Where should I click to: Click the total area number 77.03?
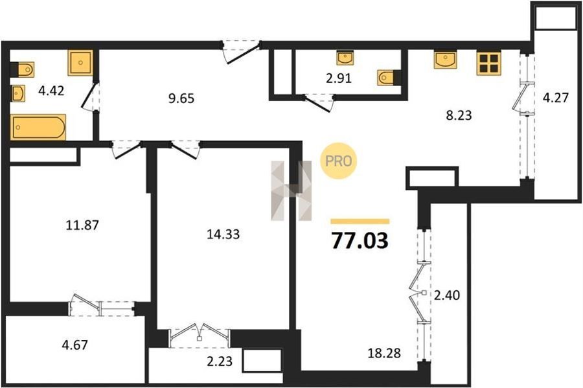[360, 240]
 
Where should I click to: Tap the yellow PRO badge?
[338, 161]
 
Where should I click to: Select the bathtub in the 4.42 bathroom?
[38, 128]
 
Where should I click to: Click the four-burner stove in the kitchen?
[489, 63]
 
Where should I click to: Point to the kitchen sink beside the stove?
[446, 60]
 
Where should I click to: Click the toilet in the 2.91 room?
[389, 78]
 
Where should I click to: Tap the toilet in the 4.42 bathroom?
[22, 69]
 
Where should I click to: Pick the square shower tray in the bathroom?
[80, 63]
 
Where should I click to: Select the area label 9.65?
[181, 98]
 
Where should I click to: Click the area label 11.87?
[82, 225]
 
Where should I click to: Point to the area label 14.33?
[223, 234]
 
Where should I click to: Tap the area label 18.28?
[384, 352]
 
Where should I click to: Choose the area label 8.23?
[459, 115]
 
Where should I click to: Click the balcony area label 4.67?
[74, 345]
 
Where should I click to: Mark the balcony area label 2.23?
[219, 361]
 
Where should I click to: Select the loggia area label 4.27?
[556, 98]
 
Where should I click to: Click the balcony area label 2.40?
[447, 295]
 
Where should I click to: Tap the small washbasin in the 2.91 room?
[345, 58]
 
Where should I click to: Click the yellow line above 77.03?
[360, 222]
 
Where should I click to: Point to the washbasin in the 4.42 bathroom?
[18, 93]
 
